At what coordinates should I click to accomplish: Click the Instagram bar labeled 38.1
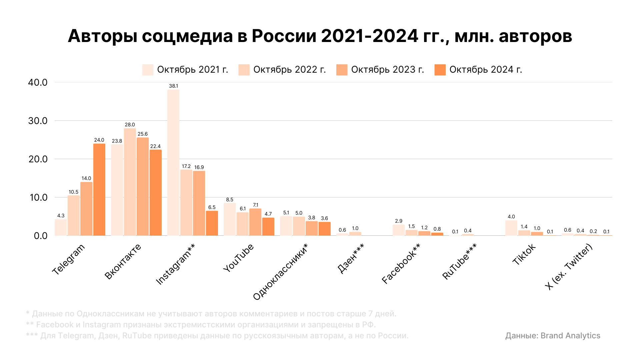click(173, 163)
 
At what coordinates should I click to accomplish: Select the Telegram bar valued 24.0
click(99, 190)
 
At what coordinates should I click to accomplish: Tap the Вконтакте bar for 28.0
click(130, 182)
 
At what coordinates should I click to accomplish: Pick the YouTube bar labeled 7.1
click(255, 222)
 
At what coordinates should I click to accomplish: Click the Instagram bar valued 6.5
click(212, 223)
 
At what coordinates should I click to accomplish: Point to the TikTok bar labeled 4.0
click(511, 228)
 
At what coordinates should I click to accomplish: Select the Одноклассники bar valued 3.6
click(325, 229)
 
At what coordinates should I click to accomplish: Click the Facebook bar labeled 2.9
click(399, 230)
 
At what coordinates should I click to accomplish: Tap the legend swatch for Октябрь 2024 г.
click(440, 70)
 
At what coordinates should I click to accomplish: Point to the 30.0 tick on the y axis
click(38, 121)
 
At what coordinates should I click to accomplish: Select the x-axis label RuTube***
click(459, 262)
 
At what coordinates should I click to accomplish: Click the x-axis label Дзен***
click(351, 259)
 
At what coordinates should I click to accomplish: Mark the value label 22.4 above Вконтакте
click(155, 146)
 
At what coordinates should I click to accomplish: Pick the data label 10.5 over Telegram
click(74, 192)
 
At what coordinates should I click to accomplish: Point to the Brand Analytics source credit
click(552, 336)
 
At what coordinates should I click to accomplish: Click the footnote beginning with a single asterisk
click(211, 314)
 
